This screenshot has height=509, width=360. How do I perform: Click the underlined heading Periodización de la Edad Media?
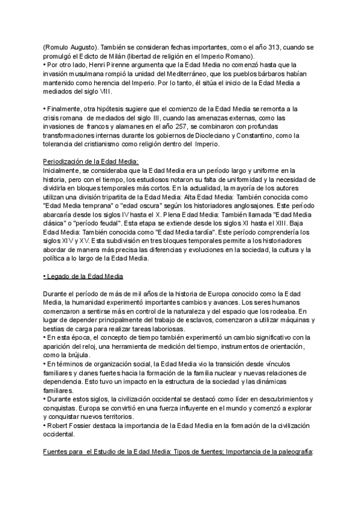pyautogui.click(x=91, y=161)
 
